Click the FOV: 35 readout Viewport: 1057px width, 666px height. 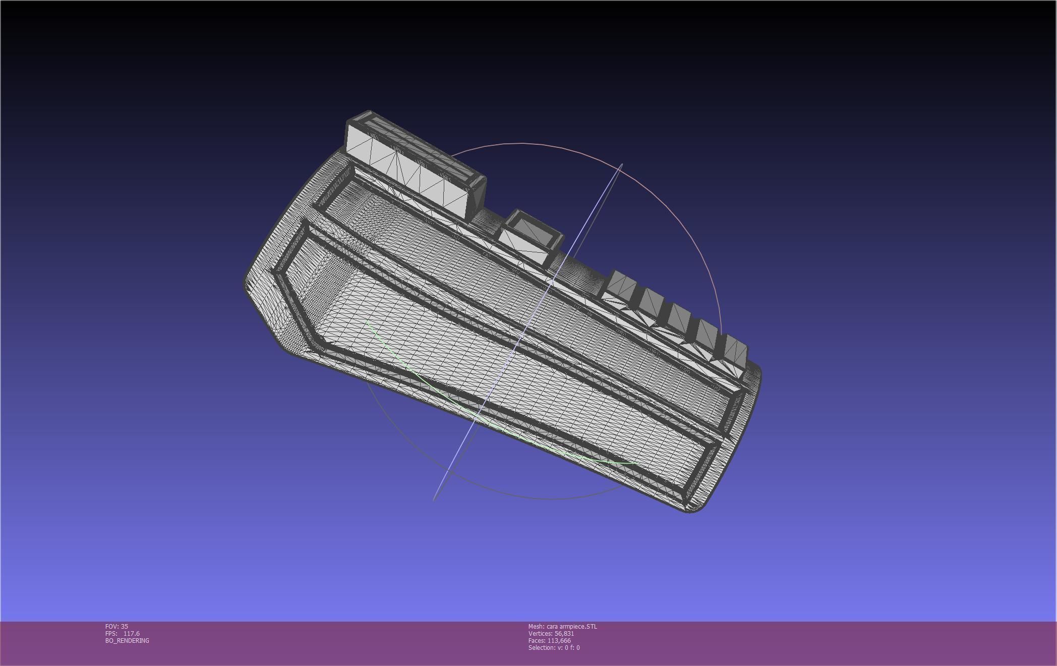pos(116,626)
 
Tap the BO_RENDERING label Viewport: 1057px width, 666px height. pos(127,640)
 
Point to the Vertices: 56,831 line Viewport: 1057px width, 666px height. pos(551,633)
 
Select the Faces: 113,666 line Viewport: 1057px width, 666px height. pos(549,640)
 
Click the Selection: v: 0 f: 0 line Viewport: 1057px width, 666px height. pos(554,647)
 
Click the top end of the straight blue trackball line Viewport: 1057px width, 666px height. pos(622,164)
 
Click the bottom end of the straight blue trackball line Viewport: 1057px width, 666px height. pos(434,500)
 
